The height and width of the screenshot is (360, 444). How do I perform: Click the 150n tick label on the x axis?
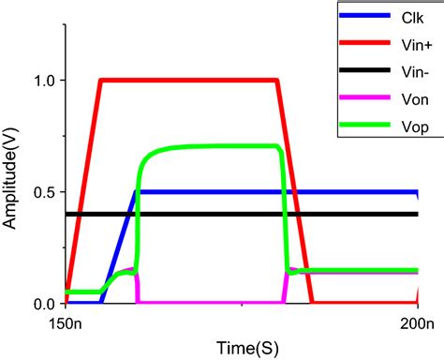67,324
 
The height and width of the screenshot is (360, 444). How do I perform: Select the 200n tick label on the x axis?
417,324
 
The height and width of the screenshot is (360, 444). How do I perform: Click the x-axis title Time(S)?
242,347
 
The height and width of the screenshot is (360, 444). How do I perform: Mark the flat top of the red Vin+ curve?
187,81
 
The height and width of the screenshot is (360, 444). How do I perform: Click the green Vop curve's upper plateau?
215,146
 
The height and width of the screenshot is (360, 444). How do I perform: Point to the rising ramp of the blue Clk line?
118,248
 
